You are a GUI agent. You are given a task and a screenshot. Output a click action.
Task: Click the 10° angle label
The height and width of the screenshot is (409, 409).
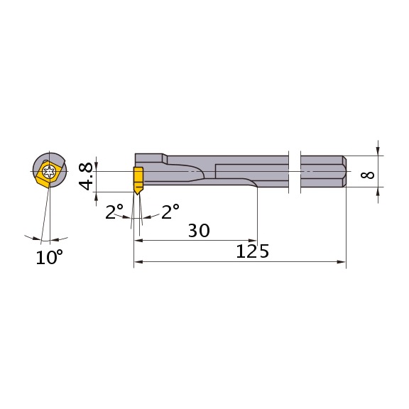pos(50,257)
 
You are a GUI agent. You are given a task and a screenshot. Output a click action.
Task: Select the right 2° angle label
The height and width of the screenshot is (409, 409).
pos(170,212)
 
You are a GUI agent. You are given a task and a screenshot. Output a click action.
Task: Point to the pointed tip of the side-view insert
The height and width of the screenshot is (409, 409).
pos(138,195)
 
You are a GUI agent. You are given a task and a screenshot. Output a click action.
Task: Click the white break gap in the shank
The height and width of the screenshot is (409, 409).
pos(295,171)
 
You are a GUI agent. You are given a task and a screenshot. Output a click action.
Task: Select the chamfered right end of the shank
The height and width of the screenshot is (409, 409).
pos(344,171)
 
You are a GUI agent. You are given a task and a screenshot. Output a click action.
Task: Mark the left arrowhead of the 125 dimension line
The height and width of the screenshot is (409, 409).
pos(138,262)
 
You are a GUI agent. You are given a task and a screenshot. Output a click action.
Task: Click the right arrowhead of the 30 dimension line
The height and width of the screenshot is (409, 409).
pos(253,240)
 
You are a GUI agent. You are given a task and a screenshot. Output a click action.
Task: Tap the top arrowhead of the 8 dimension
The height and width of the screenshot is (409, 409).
pos(378,151)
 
